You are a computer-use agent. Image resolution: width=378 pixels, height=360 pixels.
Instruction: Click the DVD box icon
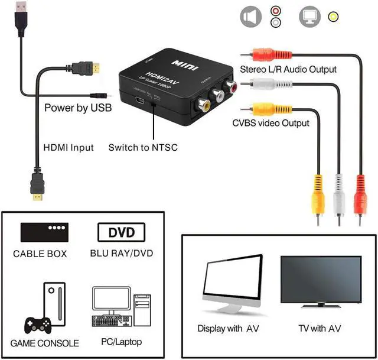(121, 231)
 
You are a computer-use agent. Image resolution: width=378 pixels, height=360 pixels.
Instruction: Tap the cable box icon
(44, 231)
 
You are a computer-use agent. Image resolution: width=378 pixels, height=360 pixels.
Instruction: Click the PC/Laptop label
(122, 342)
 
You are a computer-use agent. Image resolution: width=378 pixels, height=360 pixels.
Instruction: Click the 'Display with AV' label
(228, 329)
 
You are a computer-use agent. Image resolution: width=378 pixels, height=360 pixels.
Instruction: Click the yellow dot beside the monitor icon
(334, 16)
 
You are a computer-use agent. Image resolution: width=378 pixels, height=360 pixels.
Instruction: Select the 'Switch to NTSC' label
(143, 147)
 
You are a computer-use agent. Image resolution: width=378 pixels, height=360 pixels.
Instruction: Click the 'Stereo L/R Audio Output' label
(288, 69)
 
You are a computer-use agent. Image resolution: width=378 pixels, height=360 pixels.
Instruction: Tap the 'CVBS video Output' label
(271, 123)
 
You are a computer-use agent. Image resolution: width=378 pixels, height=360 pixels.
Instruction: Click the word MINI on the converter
(182, 62)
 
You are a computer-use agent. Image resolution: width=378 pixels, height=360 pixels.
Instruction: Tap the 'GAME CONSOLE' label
(45, 343)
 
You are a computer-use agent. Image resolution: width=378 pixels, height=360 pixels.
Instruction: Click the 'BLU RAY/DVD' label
(122, 254)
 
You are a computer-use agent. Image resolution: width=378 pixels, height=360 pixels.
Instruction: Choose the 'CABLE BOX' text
(40, 254)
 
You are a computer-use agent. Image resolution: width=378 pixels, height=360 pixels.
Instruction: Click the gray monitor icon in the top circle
(311, 16)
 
